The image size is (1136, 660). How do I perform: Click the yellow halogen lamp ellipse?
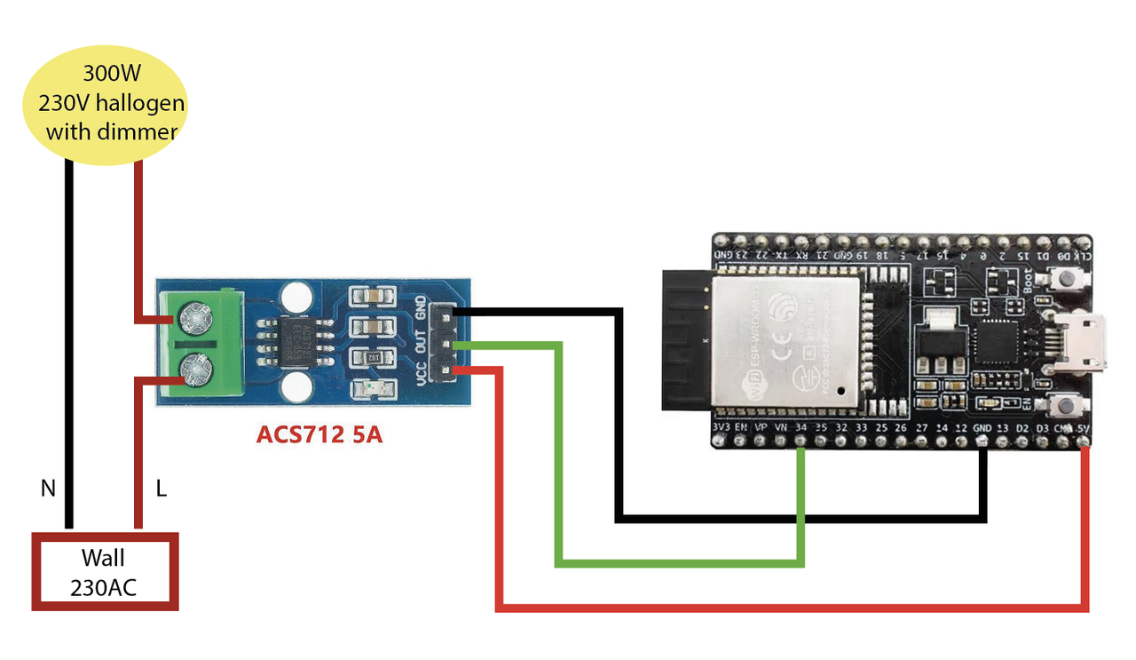pos(105,105)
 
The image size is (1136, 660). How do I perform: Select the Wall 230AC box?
pos(105,572)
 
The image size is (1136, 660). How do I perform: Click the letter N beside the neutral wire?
pos(47,488)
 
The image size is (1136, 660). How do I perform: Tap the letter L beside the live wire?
pos(161,488)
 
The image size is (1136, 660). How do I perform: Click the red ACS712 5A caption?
pos(319,435)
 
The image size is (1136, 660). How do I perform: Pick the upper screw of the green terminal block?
pos(195,315)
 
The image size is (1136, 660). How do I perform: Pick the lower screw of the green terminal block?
pos(195,366)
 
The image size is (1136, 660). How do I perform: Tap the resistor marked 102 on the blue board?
pos(374,358)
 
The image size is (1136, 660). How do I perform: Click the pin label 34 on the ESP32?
pos(801,428)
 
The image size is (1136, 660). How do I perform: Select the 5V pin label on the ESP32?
pos(1083,428)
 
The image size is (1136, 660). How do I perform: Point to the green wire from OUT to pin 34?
pos(679,563)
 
